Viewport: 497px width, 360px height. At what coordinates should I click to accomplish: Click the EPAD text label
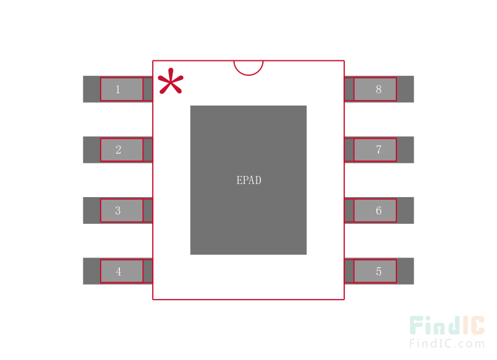coord(249,180)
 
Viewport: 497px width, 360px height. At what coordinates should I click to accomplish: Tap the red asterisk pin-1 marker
coord(170,81)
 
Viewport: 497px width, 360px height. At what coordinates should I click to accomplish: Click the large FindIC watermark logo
coord(447,325)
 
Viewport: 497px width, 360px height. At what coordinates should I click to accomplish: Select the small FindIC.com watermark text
coord(447,343)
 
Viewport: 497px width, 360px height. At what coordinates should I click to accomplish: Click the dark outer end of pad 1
coord(91,89)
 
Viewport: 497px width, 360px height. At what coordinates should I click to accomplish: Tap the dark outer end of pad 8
coord(405,89)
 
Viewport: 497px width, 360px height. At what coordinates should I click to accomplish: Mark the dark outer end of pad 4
coord(91,271)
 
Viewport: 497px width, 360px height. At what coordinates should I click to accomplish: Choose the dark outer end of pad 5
coord(405,271)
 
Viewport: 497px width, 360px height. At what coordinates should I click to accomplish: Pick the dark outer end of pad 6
coord(405,211)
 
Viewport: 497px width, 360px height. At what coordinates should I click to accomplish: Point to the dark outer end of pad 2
coord(91,150)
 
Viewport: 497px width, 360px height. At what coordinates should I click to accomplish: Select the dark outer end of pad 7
coord(405,150)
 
